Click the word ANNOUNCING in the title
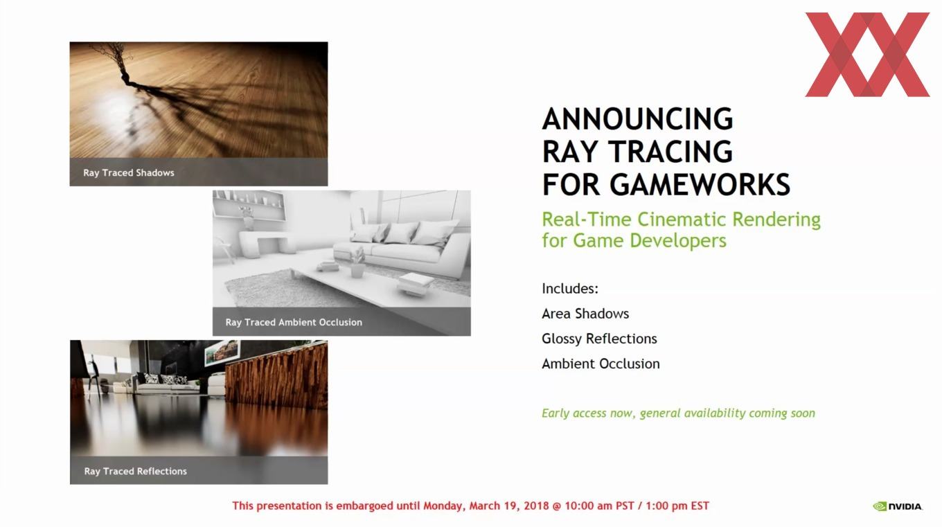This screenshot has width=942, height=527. coord(637,118)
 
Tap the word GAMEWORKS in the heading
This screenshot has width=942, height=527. coord(700,185)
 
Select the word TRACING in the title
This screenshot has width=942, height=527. coord(670,152)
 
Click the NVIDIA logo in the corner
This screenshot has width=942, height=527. coord(898,506)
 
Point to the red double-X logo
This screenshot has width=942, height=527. coord(867,55)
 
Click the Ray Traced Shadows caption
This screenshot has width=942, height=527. coord(129,173)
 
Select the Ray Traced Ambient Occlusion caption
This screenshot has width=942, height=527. coord(294,322)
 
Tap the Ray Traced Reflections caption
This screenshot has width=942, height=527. coord(135,471)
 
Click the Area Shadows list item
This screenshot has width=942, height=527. coord(585,314)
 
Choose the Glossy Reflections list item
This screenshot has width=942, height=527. coord(599,339)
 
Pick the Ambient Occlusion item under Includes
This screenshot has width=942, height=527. coord(601,364)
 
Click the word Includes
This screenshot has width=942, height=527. coord(570,289)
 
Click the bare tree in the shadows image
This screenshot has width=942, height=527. coord(114,63)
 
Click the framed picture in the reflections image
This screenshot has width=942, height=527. coord(222,352)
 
